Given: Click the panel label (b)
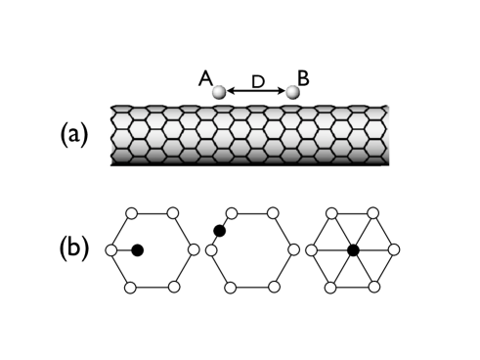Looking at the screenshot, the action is click(71, 250).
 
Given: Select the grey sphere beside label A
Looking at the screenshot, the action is click(221, 92).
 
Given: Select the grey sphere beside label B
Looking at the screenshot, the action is click(291, 92).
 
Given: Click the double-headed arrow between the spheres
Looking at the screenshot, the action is click(256, 93).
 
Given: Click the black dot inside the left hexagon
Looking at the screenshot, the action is click(138, 250).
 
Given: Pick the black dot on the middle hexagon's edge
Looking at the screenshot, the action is click(220, 231).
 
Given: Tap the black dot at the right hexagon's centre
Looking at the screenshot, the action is click(353, 250).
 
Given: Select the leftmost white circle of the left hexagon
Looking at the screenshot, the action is click(109, 250).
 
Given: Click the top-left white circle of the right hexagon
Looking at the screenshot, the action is click(330, 212).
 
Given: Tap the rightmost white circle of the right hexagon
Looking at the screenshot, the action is click(396, 250).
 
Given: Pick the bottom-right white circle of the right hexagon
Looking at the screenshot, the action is click(374, 287).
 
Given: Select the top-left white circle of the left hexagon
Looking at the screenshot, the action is click(130, 212).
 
